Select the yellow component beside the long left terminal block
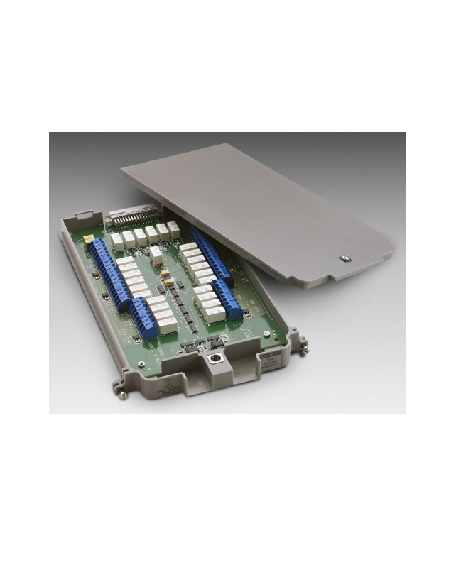point(88,241)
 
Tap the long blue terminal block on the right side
point(210,255)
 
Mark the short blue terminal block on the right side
point(228,297)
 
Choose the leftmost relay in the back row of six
point(116,240)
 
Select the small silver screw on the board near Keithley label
point(266,333)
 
